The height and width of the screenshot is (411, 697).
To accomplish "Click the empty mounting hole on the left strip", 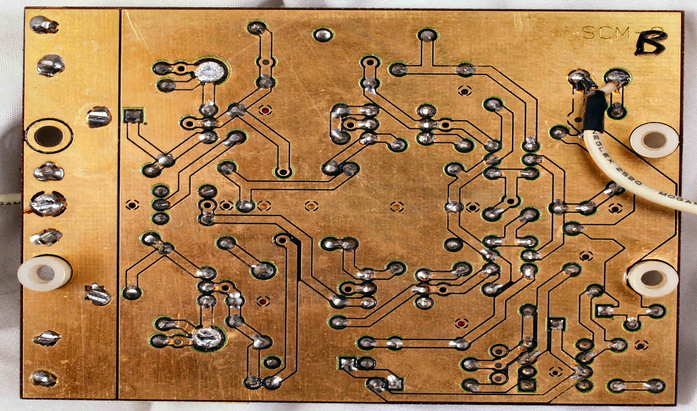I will (49, 136).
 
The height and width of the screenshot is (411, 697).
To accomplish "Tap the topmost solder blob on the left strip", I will (45, 25).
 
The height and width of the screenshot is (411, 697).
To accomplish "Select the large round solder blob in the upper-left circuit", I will (211, 72).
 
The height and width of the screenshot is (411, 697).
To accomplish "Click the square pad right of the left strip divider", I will (133, 115).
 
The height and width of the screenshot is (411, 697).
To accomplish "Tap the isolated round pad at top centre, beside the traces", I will (323, 35).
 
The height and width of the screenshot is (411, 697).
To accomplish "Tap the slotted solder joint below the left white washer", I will (98, 295).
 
